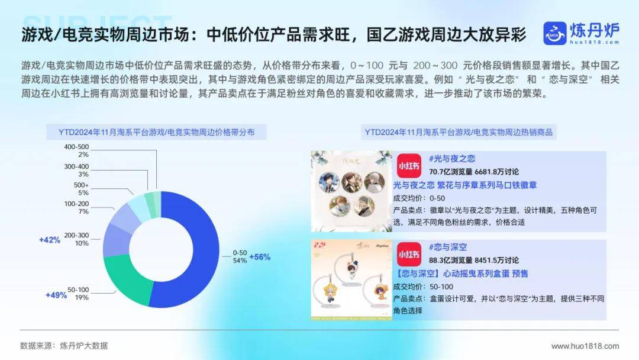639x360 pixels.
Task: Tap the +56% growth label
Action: coord(260,257)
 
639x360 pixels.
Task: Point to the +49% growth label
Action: coord(56,295)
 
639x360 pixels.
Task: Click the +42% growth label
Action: coord(50,240)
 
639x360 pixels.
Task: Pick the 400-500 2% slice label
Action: coord(76,150)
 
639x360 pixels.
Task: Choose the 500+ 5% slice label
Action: coord(81,189)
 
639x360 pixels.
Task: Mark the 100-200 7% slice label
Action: coord(76,207)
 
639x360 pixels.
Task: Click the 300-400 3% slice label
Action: coord(76,170)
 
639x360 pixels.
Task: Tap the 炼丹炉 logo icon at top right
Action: coord(554,33)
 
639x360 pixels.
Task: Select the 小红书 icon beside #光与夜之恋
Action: coord(409,166)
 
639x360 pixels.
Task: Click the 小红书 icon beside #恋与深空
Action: coord(409,255)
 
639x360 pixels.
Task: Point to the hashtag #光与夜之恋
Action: coord(452,159)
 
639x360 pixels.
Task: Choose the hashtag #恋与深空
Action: coord(448,247)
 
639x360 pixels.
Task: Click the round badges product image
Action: coord(351,191)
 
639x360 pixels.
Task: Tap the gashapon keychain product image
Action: coord(351,279)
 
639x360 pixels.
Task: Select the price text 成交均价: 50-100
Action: coord(423,287)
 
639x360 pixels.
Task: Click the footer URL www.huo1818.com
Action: coord(585,346)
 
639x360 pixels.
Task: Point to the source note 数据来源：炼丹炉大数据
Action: coord(64,346)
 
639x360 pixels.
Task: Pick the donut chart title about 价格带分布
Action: coord(156,132)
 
